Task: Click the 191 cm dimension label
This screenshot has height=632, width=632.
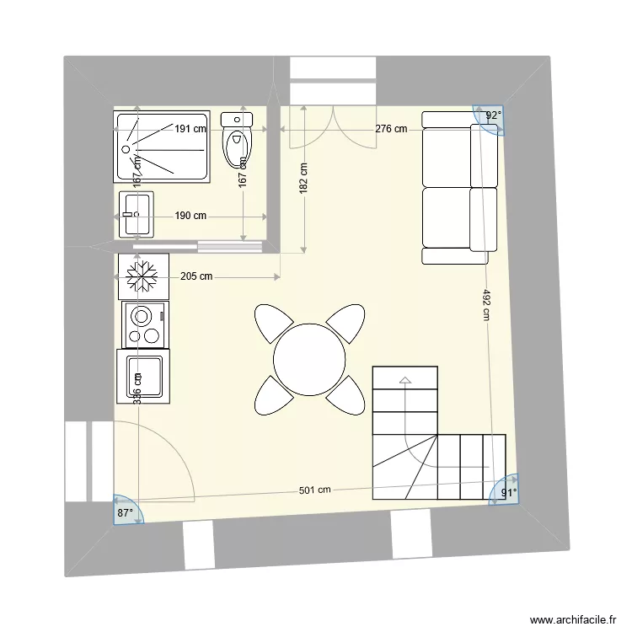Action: click(190, 129)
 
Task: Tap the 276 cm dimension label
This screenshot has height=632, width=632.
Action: click(391, 129)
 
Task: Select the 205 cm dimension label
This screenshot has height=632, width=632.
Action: click(195, 276)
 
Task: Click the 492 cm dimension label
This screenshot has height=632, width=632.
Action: click(486, 305)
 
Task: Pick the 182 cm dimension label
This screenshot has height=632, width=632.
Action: click(303, 179)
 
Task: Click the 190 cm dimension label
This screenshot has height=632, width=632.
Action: click(190, 216)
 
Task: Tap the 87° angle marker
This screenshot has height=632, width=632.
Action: click(126, 511)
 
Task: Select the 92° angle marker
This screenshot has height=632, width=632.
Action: click(493, 116)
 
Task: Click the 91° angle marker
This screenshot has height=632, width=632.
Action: click(508, 493)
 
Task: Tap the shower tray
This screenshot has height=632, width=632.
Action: click(162, 147)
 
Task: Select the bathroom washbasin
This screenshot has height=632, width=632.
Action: click(136, 214)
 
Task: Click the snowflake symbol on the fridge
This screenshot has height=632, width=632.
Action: click(142, 276)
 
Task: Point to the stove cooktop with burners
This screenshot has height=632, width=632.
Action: click(144, 325)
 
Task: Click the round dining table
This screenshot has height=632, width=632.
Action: click(309, 360)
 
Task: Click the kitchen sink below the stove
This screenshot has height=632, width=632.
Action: click(143, 377)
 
